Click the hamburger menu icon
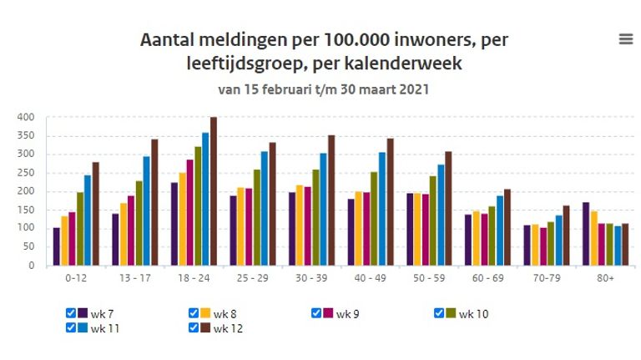pos(625,39)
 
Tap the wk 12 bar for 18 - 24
pos(214,192)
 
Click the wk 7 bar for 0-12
pos(57,246)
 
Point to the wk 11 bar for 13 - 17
pos(146,211)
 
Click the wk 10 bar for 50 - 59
pos(432,221)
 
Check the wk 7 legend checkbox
pos(71,313)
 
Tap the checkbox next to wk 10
pos(440,313)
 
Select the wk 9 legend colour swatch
pos(328,313)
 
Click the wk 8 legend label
pos(223,314)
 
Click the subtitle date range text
pos(324,89)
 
